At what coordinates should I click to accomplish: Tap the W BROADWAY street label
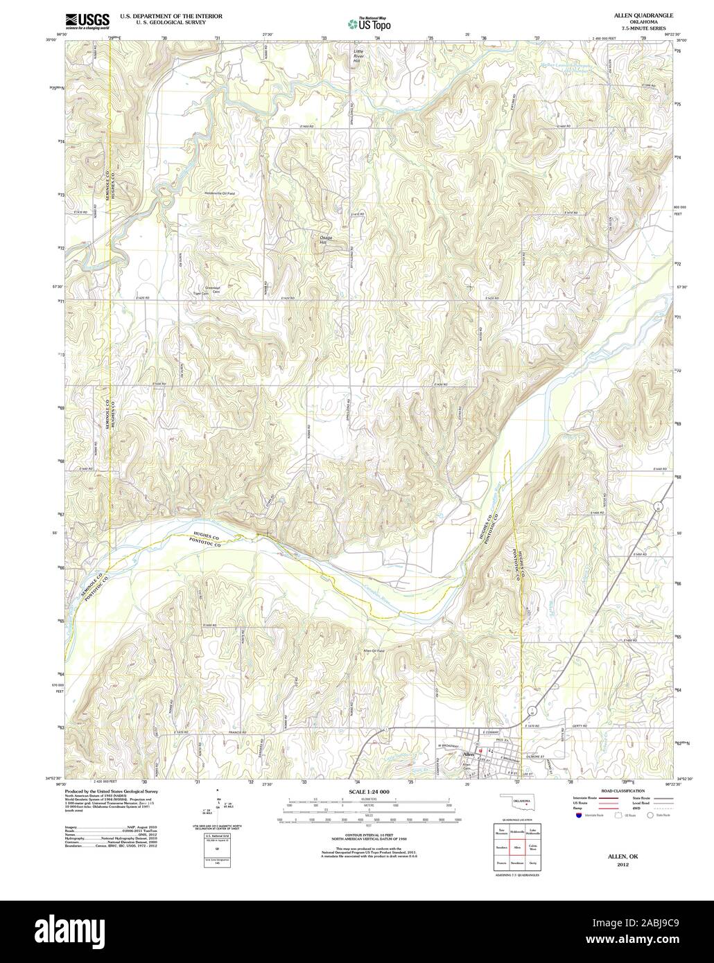tap(448, 745)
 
